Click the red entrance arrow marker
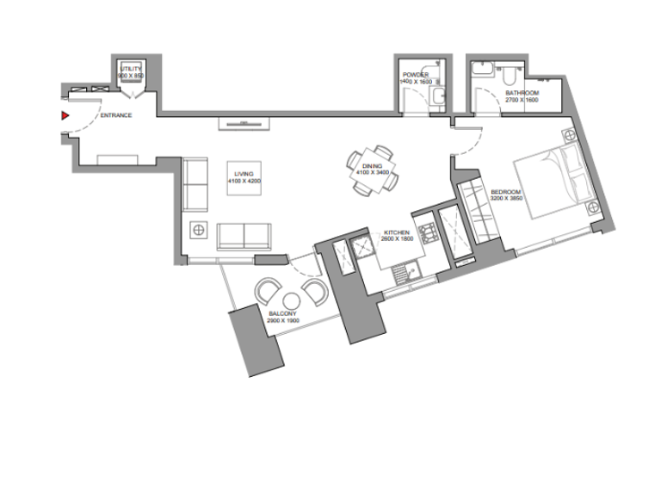pyautogui.click(x=64, y=114)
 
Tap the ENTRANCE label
pyautogui.click(x=116, y=115)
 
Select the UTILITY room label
pyautogui.click(x=131, y=68)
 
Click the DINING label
pyautogui.click(x=372, y=167)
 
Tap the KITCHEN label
pyautogui.click(x=396, y=233)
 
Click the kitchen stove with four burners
pyautogui.click(x=428, y=230)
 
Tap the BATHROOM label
pyautogui.click(x=522, y=93)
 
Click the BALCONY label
pyautogui.click(x=283, y=313)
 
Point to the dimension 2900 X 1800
pyautogui.click(x=283, y=321)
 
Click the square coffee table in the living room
pyautogui.click(x=244, y=177)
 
